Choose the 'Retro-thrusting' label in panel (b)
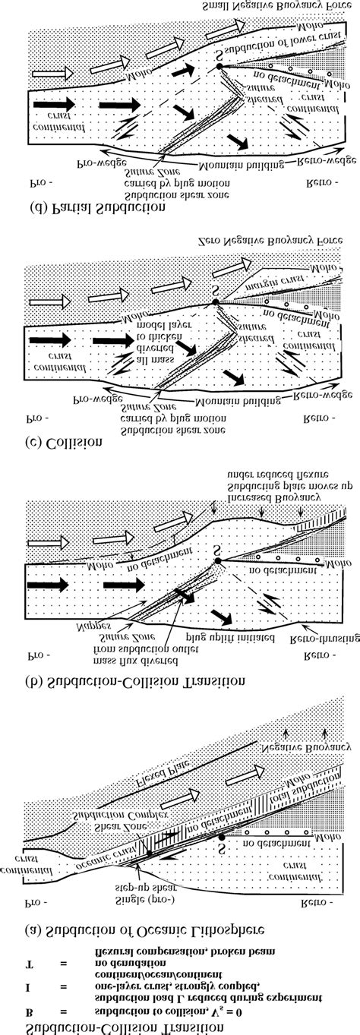[x=314, y=629]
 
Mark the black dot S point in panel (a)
[x=221, y=837]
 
